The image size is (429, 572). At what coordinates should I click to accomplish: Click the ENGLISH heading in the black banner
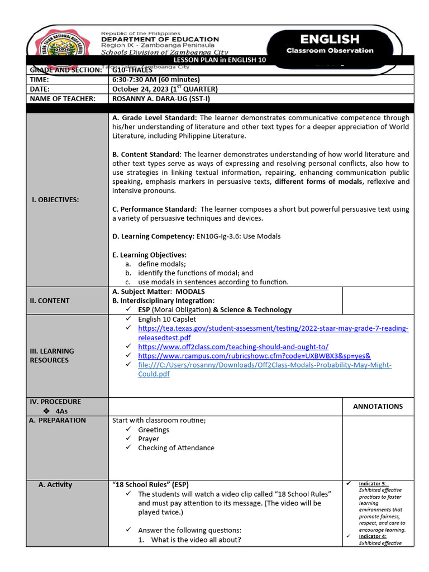tap(330, 39)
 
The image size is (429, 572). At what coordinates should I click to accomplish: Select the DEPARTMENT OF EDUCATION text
tap(160, 39)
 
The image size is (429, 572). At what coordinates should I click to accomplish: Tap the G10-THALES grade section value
tap(132, 70)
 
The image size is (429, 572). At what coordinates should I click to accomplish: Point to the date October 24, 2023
tap(164, 89)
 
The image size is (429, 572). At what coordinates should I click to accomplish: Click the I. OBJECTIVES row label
tap(55, 199)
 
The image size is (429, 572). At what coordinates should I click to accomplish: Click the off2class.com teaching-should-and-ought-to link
tap(233, 346)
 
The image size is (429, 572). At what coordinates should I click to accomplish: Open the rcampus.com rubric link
tap(254, 355)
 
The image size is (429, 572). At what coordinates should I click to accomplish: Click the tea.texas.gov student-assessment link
tap(273, 328)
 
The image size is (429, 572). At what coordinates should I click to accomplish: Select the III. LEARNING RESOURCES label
tap(52, 355)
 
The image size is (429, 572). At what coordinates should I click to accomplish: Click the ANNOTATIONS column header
tap(378, 406)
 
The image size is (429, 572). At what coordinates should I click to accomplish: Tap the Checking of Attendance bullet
tap(176, 447)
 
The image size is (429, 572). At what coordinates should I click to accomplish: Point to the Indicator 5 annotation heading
tap(373, 483)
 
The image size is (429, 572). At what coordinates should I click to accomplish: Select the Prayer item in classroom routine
tap(149, 438)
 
